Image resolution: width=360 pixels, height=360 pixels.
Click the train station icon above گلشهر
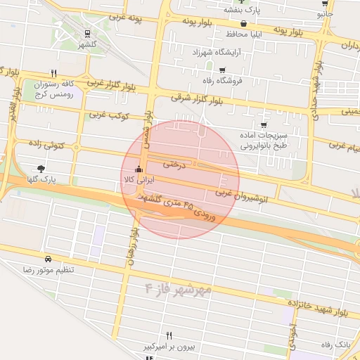[x=87, y=33]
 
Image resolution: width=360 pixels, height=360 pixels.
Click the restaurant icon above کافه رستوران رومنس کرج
[x=53, y=72]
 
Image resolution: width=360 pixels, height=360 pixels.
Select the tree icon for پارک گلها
[x=41, y=169]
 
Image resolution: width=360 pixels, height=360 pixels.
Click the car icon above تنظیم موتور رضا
[x=47, y=258]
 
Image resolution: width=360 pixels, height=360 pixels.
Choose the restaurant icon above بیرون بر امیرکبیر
[x=169, y=335]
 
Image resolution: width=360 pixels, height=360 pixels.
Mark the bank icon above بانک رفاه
[x=345, y=333]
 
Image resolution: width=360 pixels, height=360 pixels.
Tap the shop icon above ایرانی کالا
[x=139, y=169]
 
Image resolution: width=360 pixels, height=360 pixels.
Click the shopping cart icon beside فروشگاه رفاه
[x=223, y=70]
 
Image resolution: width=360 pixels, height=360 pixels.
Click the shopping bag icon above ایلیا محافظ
[x=243, y=23]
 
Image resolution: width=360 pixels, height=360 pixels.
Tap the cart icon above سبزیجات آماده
[x=264, y=124]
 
